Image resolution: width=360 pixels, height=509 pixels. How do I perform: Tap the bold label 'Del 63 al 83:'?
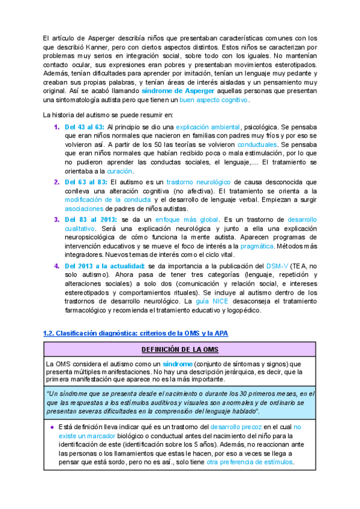tap(85, 182)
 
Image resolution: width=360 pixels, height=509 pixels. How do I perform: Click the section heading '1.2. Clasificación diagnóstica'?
tap(136, 333)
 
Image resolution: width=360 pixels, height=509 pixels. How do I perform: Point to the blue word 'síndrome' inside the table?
tap(177, 364)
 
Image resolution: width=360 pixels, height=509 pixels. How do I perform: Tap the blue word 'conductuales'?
tap(257, 145)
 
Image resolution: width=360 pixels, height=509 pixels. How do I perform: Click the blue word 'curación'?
tap(119, 171)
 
